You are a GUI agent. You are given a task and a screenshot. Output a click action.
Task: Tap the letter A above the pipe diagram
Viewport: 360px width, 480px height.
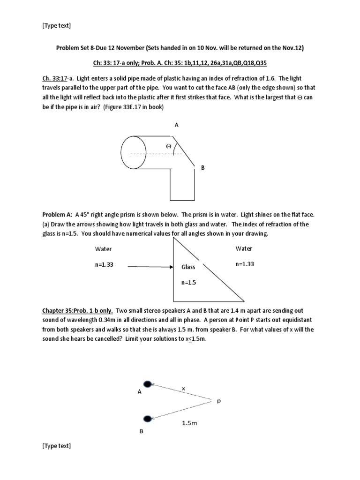(177, 125)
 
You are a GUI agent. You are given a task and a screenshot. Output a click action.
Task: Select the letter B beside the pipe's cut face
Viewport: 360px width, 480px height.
(203, 167)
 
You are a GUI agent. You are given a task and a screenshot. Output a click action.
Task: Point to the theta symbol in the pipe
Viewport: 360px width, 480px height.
(168, 147)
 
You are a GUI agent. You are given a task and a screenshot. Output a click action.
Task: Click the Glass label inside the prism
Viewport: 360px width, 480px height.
(188, 267)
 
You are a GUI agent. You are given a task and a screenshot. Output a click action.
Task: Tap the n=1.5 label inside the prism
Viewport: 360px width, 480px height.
(189, 283)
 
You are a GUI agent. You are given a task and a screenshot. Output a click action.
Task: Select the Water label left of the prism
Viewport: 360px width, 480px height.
(103, 249)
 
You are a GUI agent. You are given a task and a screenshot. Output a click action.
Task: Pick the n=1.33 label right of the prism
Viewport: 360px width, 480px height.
(244, 264)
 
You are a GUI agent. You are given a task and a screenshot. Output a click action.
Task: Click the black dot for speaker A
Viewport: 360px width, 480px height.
(148, 384)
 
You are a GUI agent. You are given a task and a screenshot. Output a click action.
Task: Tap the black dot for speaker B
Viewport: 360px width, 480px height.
(148, 418)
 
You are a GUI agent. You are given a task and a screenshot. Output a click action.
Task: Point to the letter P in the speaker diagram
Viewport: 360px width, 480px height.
(218, 401)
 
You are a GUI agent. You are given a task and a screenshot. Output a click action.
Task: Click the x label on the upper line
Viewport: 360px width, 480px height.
(183, 389)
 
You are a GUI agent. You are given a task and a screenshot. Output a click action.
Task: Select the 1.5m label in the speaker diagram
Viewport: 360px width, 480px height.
(189, 423)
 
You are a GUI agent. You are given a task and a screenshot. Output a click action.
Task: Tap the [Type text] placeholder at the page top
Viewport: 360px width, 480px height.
(56, 25)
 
